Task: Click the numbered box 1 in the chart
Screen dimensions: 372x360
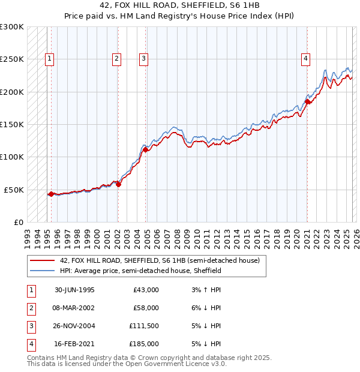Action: click(49, 58)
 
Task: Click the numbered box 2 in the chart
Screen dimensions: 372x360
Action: click(116, 58)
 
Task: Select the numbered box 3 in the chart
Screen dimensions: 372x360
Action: click(144, 58)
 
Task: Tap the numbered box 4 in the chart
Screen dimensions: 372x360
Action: click(305, 58)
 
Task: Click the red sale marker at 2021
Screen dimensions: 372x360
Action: click(307, 102)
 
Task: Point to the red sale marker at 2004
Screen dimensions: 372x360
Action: click(146, 149)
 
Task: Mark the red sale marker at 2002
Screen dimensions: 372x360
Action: click(118, 184)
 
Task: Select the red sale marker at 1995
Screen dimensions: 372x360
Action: click(52, 194)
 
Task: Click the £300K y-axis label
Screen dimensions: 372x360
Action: click(11, 27)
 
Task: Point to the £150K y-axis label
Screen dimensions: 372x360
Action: click(11, 124)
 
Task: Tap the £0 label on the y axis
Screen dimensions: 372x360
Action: click(17, 222)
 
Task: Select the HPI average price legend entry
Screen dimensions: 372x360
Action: click(140, 271)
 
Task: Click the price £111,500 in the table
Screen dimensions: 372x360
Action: click(144, 326)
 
